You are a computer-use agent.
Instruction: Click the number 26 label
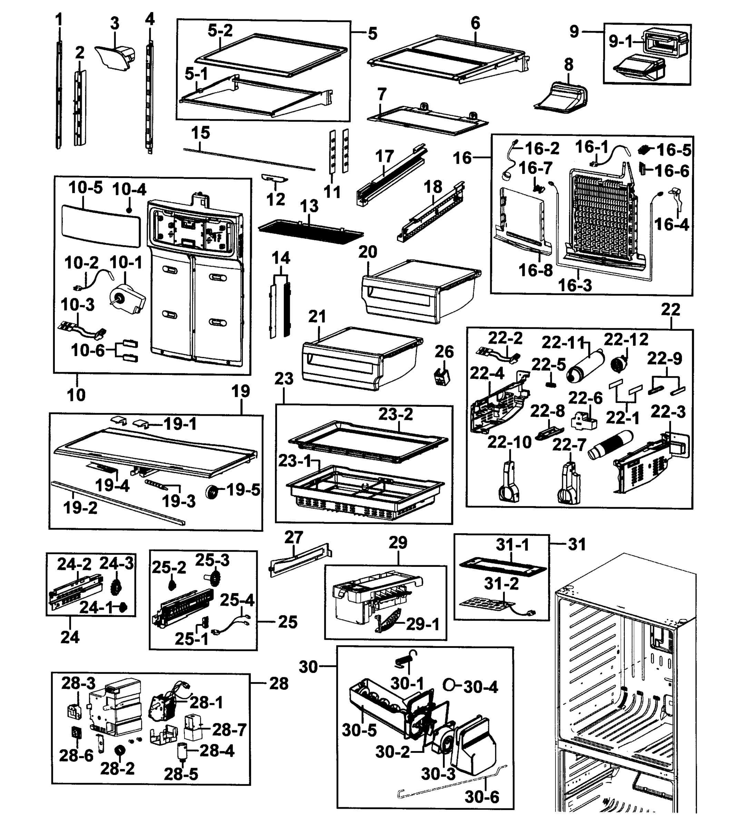[444, 352]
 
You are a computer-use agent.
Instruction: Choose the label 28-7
[229, 730]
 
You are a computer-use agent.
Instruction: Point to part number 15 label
[200, 133]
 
